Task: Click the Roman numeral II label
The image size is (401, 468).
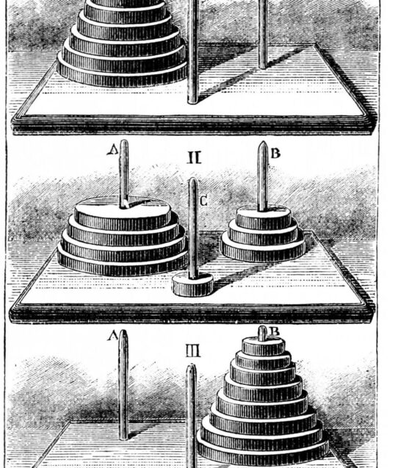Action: [194, 157]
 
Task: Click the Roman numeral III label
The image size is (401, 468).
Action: [193, 350]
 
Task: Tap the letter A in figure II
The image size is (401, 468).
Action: [112, 150]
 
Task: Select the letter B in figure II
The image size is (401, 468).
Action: [275, 153]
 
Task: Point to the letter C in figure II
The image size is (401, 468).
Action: [203, 201]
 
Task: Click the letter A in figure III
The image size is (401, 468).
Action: [113, 336]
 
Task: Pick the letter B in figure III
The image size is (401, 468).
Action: [274, 331]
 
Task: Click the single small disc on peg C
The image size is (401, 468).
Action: [192, 285]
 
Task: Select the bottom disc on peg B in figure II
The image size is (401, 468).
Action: [264, 250]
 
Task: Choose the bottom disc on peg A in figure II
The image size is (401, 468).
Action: [123, 263]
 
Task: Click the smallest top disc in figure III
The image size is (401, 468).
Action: [263, 345]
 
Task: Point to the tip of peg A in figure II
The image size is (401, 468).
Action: [124, 141]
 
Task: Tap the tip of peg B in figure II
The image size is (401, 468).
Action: [263, 143]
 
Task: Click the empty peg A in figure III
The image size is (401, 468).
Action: [123, 384]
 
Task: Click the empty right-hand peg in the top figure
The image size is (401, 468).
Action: [263, 35]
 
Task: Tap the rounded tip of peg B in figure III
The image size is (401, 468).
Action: [262, 328]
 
